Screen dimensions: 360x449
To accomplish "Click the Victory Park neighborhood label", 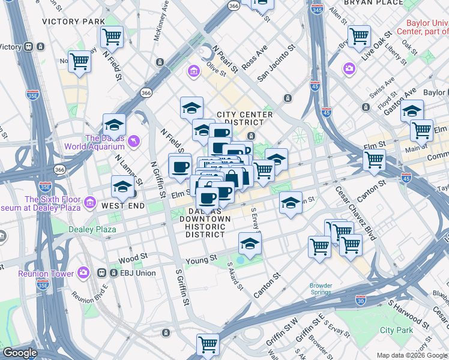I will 74,21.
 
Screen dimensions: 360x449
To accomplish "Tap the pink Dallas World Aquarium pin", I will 134,140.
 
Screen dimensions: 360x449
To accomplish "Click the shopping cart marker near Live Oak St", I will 359,36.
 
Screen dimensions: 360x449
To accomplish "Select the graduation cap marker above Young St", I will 250,243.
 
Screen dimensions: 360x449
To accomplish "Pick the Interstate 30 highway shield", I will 360,299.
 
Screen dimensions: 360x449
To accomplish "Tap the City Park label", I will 396,330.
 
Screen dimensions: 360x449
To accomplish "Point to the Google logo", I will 20,353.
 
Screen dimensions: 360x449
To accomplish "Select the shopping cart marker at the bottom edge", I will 208,344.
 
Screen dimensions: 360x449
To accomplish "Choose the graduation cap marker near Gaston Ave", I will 412,111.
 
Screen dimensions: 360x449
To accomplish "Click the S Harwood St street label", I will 408,314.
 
